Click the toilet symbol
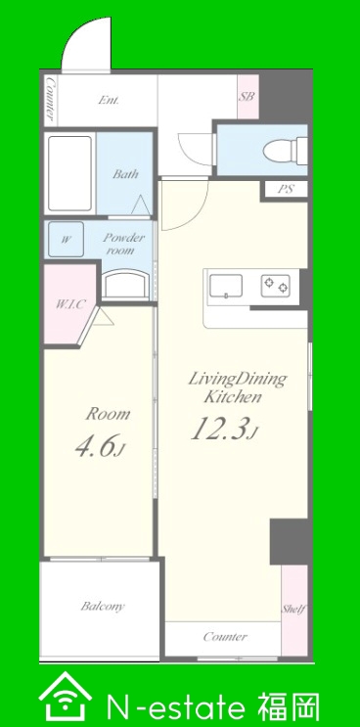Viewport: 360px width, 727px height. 286,151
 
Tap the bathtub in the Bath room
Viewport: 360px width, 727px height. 70,173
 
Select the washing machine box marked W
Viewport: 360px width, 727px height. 67,240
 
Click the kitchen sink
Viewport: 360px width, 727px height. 226,286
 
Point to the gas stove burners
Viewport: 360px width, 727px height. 276,286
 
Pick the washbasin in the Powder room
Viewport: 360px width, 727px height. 126,284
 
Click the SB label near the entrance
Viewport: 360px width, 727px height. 247,97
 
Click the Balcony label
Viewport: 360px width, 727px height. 103,606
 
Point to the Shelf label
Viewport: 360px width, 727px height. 293,609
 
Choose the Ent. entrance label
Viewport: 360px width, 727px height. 109,100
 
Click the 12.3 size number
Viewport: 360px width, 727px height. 219,429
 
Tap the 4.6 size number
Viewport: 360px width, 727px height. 96,445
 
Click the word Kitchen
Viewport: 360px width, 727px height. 234,397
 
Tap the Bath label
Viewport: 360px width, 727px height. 125,174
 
